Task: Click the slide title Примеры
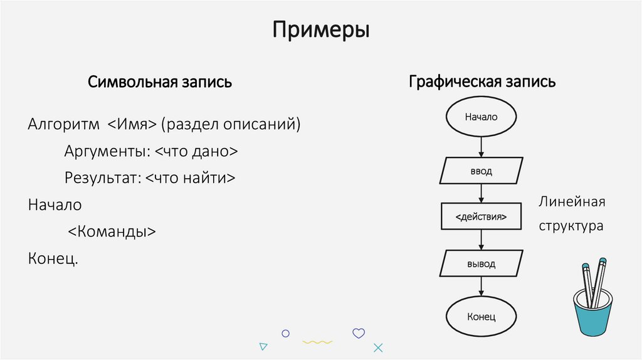click(320, 29)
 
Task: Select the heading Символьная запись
click(160, 82)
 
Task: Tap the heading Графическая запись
click(481, 82)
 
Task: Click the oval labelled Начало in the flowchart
click(481, 117)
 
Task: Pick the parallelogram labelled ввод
click(481, 171)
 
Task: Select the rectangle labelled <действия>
click(481, 217)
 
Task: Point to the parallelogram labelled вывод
click(481, 263)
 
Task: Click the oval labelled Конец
click(481, 316)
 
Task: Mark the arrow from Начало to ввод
click(481, 146)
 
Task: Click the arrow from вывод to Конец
click(481, 287)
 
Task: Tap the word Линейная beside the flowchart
click(571, 203)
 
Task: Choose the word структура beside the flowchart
click(571, 226)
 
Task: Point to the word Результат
click(103, 178)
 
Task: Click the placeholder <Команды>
click(112, 231)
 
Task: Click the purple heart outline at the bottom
click(359, 333)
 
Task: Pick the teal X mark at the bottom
click(377, 347)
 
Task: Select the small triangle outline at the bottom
click(264, 346)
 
